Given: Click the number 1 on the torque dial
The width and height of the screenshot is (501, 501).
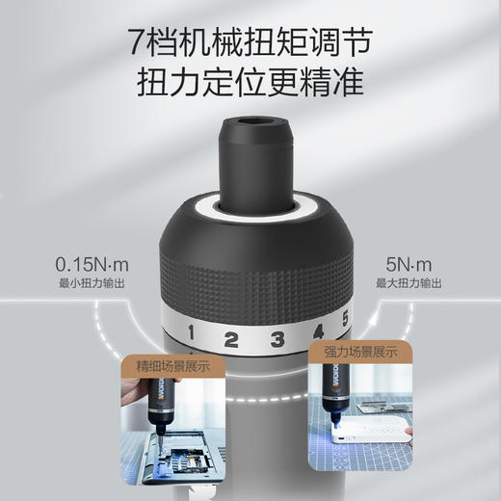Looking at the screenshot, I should point(191,335).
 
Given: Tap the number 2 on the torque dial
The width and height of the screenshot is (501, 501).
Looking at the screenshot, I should point(231,339).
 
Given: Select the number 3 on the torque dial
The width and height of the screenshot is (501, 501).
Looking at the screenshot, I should point(277,338).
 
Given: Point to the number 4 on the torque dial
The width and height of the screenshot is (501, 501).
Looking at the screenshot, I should point(318,333).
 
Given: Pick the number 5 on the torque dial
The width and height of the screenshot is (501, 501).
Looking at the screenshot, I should point(346,323).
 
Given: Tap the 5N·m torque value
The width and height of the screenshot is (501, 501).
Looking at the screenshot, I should point(409,262).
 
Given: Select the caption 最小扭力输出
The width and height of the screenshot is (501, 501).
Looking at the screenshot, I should point(92,283).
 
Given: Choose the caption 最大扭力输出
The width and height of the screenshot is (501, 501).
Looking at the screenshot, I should point(409,283).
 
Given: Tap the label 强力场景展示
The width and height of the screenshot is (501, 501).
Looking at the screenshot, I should point(353,355).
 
